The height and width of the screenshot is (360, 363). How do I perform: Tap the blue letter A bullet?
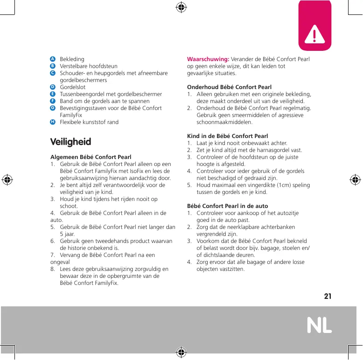[53, 59]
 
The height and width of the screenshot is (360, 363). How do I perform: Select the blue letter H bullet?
[53, 122]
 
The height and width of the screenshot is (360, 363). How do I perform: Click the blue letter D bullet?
[53, 87]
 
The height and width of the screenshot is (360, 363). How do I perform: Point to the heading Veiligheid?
[70, 142]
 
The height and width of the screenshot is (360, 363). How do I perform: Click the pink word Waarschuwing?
[208, 59]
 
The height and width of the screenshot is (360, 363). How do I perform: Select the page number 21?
[328, 296]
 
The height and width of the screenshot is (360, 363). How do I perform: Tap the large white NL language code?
[320, 325]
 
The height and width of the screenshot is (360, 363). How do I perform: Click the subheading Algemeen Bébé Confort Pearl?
[91, 157]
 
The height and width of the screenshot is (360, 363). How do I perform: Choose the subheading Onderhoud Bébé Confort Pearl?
[229, 87]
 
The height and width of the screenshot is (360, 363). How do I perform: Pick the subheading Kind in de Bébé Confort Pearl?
[227, 136]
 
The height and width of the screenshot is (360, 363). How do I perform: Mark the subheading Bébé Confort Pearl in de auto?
[228, 206]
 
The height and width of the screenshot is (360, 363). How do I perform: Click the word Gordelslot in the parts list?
[73, 87]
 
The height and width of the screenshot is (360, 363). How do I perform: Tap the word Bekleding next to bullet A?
[72, 59]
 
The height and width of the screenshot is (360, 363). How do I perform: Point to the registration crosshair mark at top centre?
[181, 7]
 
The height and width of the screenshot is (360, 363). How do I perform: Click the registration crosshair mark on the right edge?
[355, 180]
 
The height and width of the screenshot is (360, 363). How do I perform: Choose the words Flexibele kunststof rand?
[89, 122]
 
